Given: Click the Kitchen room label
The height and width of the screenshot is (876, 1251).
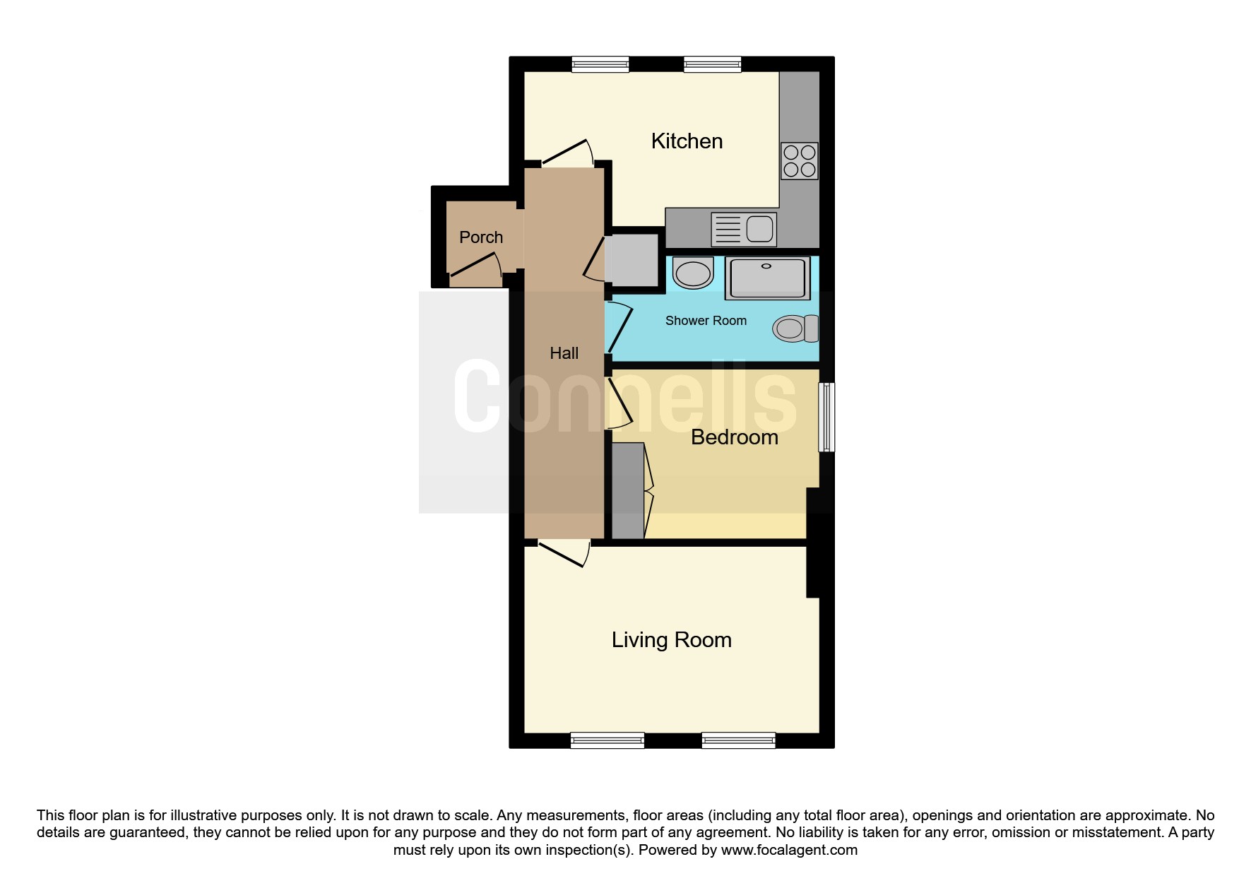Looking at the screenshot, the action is [687, 141].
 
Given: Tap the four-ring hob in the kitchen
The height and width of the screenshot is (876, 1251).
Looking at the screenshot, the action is [799, 161].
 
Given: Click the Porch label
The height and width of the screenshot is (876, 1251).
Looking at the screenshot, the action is [481, 237].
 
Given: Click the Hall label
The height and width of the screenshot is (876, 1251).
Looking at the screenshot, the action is [564, 353].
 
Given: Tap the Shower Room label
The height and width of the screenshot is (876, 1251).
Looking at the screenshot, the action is [706, 321].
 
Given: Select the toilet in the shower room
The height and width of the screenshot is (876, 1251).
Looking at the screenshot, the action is [795, 328].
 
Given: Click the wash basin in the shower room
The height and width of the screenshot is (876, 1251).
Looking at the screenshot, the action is [693, 273].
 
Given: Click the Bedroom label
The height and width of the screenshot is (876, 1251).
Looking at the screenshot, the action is [735, 437].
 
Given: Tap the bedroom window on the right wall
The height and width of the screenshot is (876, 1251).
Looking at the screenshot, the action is [826, 417].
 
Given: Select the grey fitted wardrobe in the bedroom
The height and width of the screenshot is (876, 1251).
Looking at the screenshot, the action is [628, 491].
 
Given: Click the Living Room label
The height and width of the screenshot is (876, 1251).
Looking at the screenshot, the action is [671, 640].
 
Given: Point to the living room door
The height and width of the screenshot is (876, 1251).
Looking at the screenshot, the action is [564, 553].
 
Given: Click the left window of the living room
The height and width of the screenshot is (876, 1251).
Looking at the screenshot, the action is [607, 740].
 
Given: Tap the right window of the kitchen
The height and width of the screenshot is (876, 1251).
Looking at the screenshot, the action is [713, 64].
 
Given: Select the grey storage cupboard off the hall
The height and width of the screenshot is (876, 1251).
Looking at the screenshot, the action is [634, 260].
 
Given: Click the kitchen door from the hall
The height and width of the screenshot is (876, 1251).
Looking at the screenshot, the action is [567, 153].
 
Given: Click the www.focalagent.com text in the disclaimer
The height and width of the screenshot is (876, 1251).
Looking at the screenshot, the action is [789, 850].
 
